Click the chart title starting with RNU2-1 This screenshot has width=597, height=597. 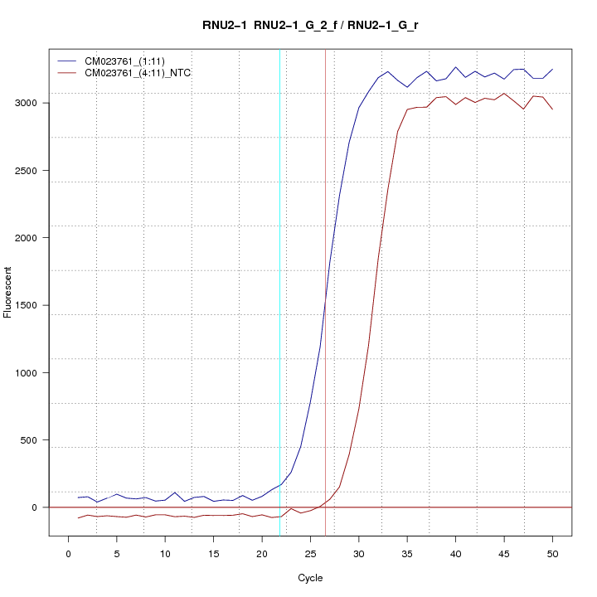(x=310, y=25)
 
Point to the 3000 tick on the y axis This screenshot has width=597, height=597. (x=35, y=103)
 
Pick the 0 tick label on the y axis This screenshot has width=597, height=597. (x=35, y=507)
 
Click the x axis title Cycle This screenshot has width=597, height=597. (x=310, y=578)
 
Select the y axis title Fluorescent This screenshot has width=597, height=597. (x=8, y=292)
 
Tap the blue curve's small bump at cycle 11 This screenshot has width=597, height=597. (x=175, y=493)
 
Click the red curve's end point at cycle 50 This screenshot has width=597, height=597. (x=552, y=109)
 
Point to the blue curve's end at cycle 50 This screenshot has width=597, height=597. (x=552, y=70)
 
